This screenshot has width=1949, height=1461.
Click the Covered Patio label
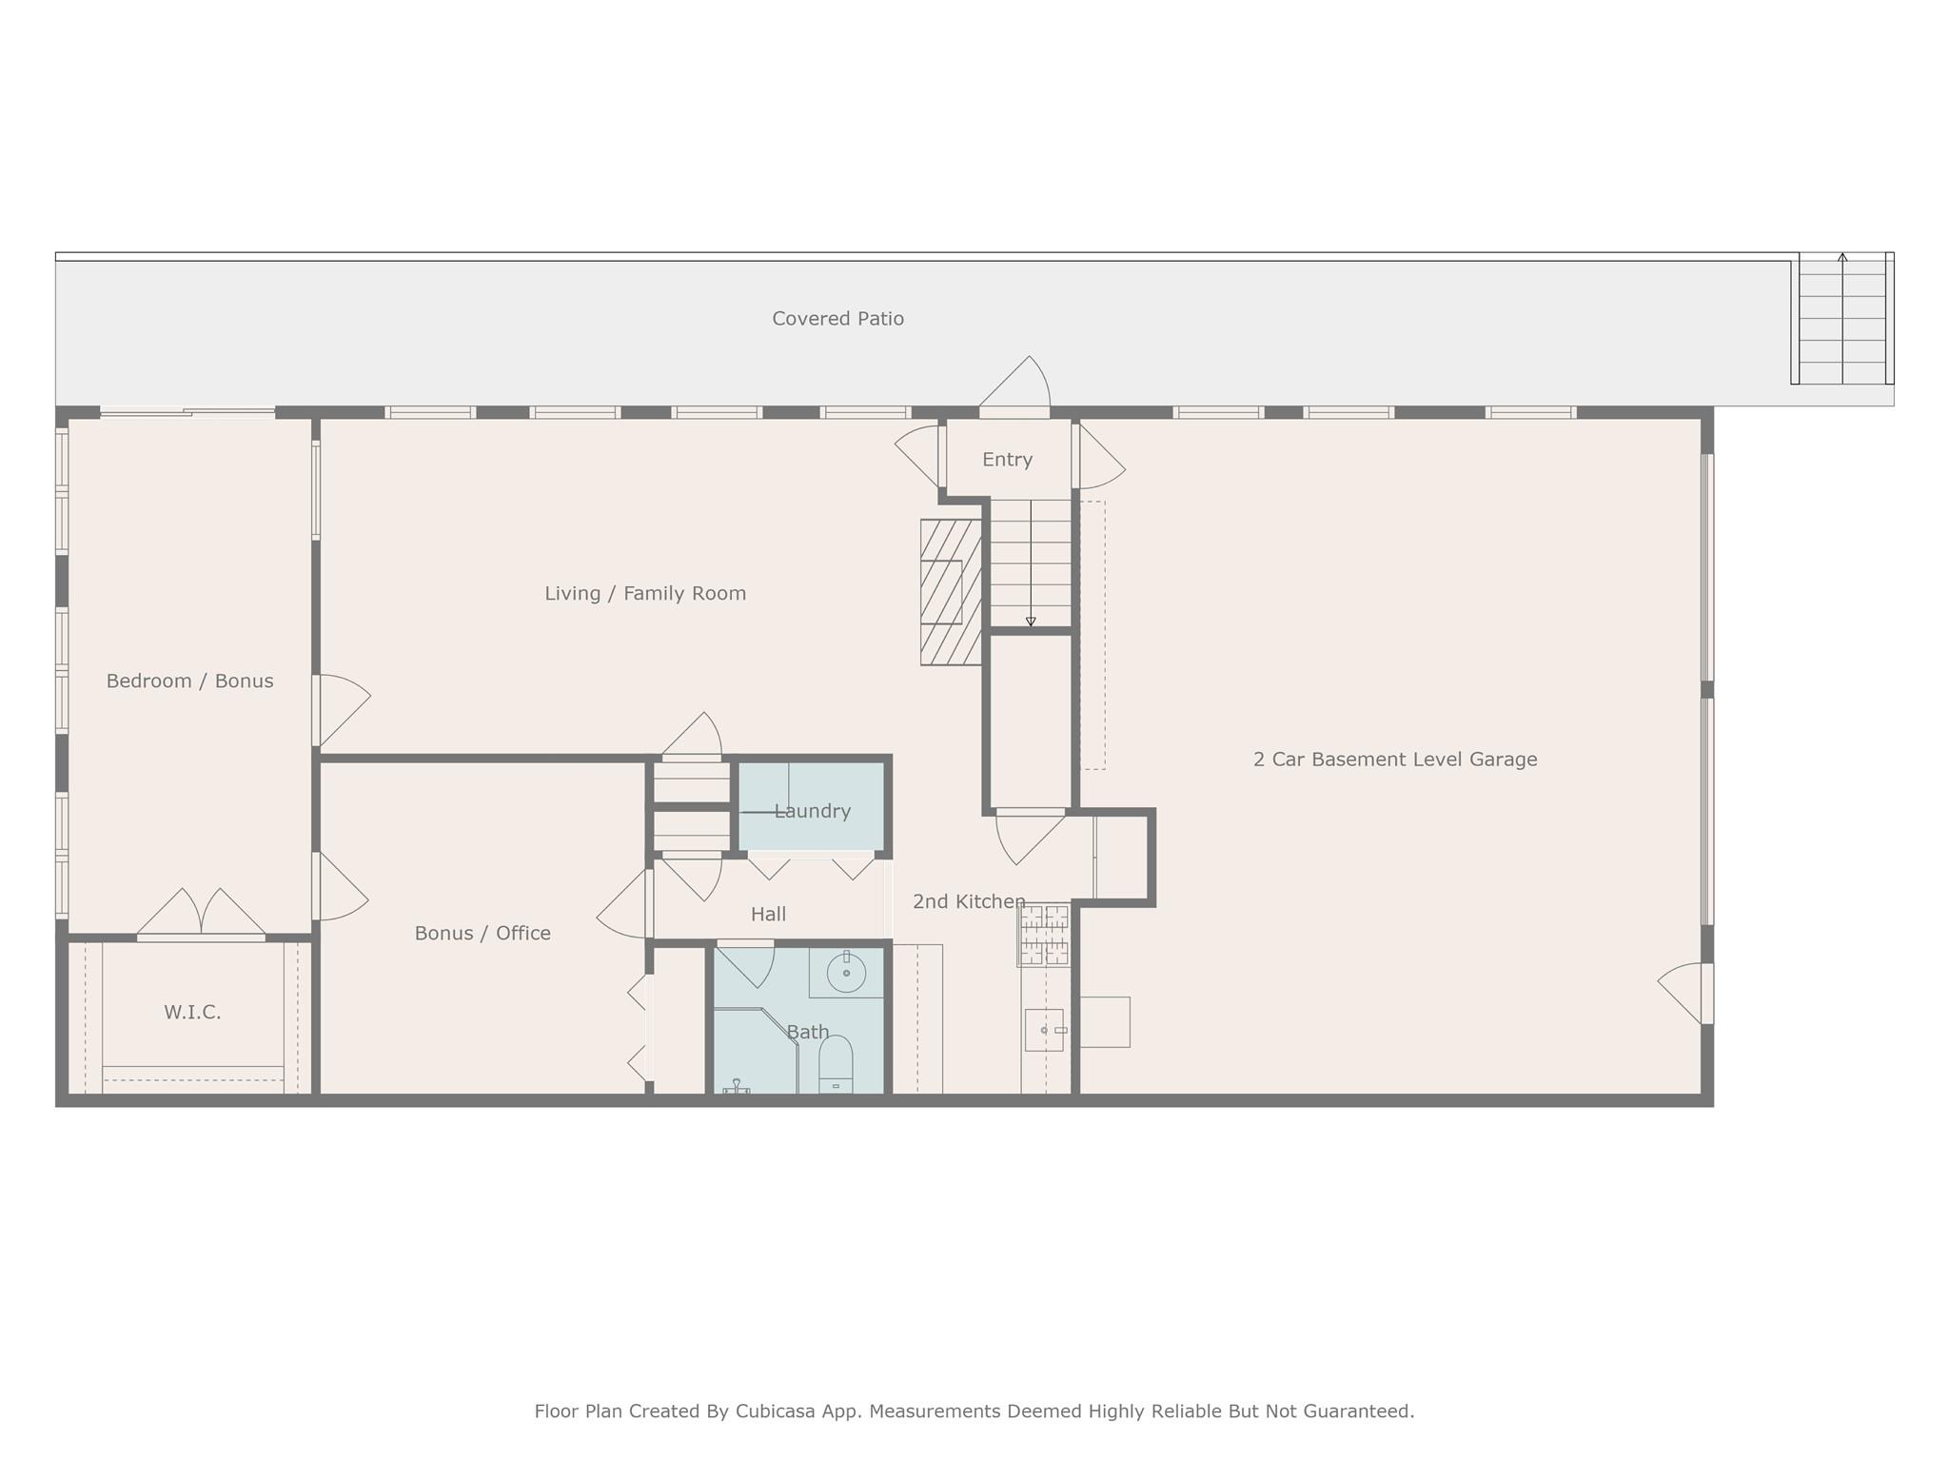coord(837,319)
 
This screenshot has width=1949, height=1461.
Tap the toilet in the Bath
coord(836,1064)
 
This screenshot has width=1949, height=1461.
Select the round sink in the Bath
coord(846,973)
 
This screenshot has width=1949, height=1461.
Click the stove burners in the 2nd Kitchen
coord(1044,935)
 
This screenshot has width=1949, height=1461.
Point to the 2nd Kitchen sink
coord(1044,1030)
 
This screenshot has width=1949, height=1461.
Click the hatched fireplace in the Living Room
coord(950,592)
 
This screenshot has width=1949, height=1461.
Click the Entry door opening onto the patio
coord(1015,388)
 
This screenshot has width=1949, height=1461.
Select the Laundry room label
coord(812,811)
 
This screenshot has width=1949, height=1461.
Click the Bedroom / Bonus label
coord(189,681)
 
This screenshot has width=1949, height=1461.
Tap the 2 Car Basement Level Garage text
coord(1394,760)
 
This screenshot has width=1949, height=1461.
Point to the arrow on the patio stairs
coord(1842,259)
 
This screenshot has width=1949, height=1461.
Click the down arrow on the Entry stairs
coord(1031,621)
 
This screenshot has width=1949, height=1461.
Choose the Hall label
coord(768,914)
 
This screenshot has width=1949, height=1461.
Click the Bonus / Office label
coord(482,933)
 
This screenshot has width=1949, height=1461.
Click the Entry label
coord(1007,460)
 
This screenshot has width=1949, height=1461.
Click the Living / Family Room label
coord(645,593)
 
